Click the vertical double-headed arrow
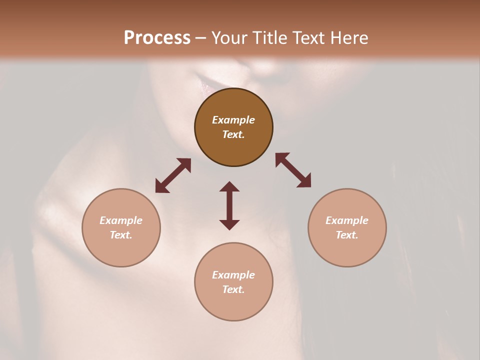coord(229,205)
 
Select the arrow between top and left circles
coord(173,175)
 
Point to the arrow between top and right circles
coord(293,170)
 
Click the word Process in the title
coord(157,37)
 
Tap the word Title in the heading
coord(269,37)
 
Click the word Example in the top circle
coord(233,120)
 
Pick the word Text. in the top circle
coord(233,134)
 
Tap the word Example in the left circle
coord(121,220)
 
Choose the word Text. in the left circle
coord(121,235)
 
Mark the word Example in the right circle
coord(347,220)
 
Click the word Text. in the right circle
coord(347,235)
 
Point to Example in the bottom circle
coord(233,275)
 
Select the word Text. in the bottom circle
coord(233,289)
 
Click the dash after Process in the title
coord(201,38)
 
